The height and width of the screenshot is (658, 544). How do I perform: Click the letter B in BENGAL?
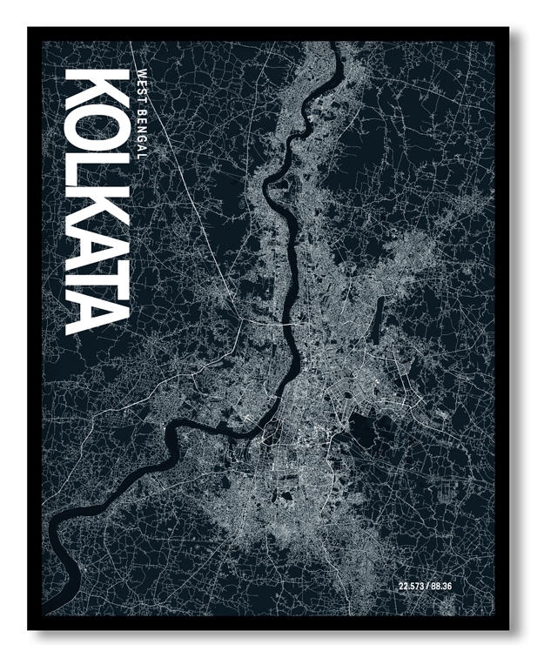point(144,103)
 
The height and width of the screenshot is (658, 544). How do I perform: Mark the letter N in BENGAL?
point(144,119)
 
